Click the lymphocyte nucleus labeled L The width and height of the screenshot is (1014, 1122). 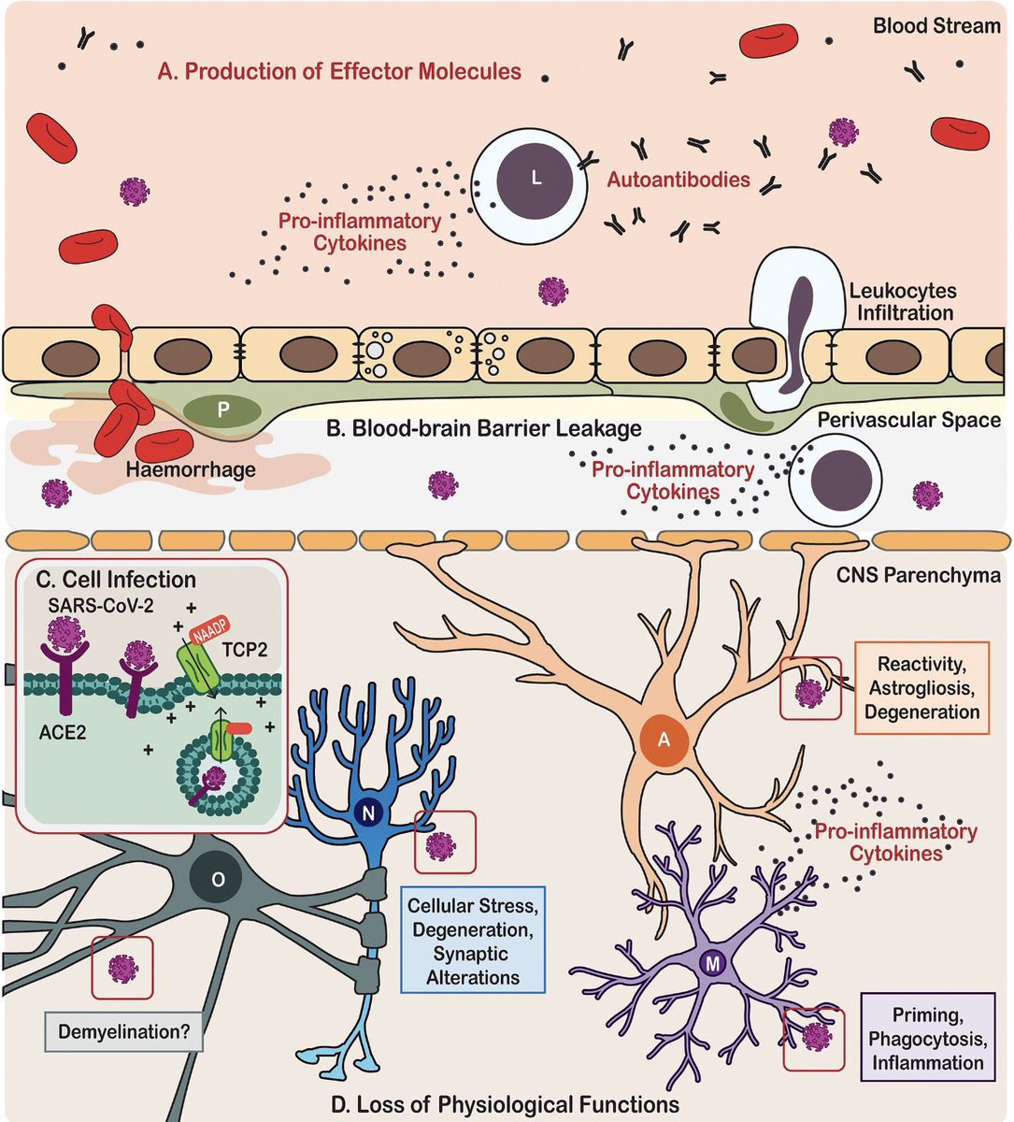536,178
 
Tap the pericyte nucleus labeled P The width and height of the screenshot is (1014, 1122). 222,410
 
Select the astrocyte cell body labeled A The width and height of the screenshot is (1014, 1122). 664,740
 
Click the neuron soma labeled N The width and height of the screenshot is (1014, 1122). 368,813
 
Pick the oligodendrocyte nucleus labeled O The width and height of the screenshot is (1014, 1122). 218,879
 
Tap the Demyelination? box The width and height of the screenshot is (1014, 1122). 123,1031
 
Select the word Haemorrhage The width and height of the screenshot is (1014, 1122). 191,469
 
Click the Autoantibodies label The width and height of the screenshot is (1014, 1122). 678,180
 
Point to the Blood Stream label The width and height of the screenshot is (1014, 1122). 936,26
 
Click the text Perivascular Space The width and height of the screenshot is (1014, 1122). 908,420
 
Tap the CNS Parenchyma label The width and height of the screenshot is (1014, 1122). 919,575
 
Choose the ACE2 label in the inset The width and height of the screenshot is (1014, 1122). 63,732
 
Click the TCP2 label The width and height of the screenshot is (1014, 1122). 245,650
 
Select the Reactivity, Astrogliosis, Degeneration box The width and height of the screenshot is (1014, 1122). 921,687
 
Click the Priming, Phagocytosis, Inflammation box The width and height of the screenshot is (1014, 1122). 928,1039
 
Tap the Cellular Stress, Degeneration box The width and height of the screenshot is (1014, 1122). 473,942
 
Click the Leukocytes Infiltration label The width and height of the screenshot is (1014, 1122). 904,301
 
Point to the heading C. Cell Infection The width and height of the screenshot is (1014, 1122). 116,580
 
